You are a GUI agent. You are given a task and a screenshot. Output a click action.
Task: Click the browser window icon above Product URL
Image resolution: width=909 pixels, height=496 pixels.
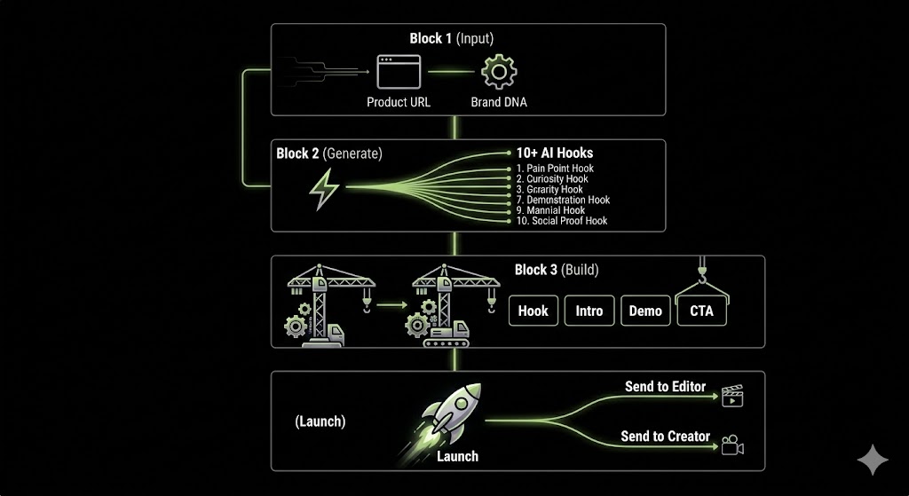pos(399,71)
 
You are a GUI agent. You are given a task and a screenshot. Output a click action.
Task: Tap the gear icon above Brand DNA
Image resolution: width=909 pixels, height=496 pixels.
pos(499,71)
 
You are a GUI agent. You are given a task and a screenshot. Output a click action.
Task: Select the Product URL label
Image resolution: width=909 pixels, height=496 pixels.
pos(399,102)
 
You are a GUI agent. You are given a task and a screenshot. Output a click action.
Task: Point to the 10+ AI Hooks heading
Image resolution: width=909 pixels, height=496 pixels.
pos(555,153)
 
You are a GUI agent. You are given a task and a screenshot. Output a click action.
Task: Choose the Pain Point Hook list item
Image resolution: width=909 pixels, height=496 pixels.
pos(555,169)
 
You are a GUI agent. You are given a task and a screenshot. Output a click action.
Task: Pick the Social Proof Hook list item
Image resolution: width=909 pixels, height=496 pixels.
pos(562,221)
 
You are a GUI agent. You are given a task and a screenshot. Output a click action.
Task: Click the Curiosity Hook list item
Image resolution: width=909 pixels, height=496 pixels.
pos(552,179)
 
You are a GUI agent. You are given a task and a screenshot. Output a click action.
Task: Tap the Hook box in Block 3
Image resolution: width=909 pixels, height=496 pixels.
pos(533,311)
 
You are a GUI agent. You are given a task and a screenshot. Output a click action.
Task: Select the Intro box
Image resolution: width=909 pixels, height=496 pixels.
pos(589,311)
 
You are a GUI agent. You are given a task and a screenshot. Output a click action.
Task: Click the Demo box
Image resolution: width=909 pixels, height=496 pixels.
pos(645,311)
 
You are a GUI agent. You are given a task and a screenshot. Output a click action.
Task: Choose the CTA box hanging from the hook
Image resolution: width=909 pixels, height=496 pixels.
pos(701,311)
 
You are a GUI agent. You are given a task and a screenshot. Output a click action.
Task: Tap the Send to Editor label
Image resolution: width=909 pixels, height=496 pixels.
pos(666,387)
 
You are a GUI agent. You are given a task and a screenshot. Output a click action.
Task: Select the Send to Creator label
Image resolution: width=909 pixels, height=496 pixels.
pos(666,437)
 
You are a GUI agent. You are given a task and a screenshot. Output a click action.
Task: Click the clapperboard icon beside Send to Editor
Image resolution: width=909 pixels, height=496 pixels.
pos(732,395)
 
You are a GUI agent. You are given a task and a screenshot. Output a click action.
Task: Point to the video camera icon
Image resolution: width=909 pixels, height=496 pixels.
pos(732,445)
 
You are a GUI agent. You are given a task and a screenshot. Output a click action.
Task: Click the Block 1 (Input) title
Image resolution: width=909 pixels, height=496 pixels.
pos(451,38)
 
